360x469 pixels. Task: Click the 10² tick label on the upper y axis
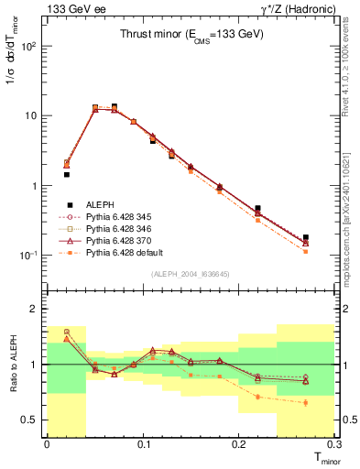click(x=31, y=46)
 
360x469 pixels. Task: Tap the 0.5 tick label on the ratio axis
click(x=33, y=420)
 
